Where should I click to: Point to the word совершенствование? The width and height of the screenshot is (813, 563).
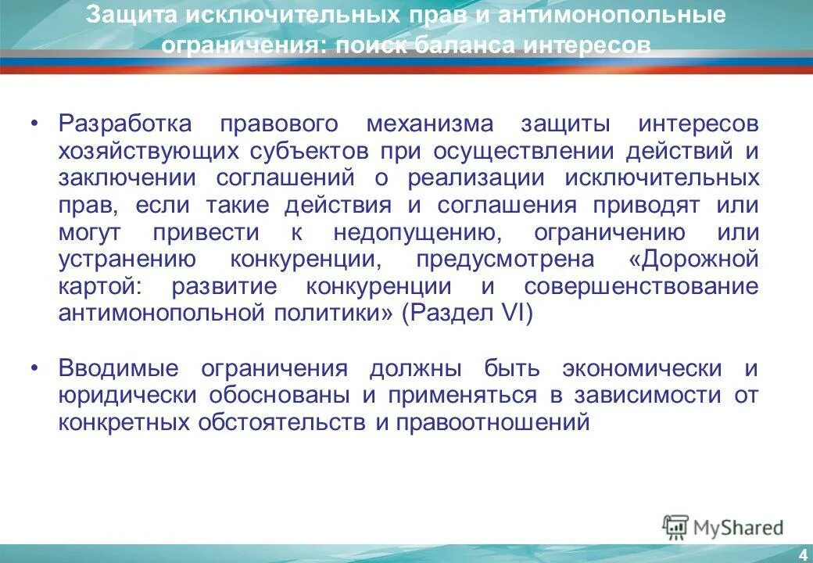point(641,286)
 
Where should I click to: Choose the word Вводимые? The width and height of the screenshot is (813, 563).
point(119,368)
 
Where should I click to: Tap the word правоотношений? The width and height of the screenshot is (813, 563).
point(492,423)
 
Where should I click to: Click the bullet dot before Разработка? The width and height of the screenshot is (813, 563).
point(34,125)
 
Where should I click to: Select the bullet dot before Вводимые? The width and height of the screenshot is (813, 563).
point(34,369)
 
